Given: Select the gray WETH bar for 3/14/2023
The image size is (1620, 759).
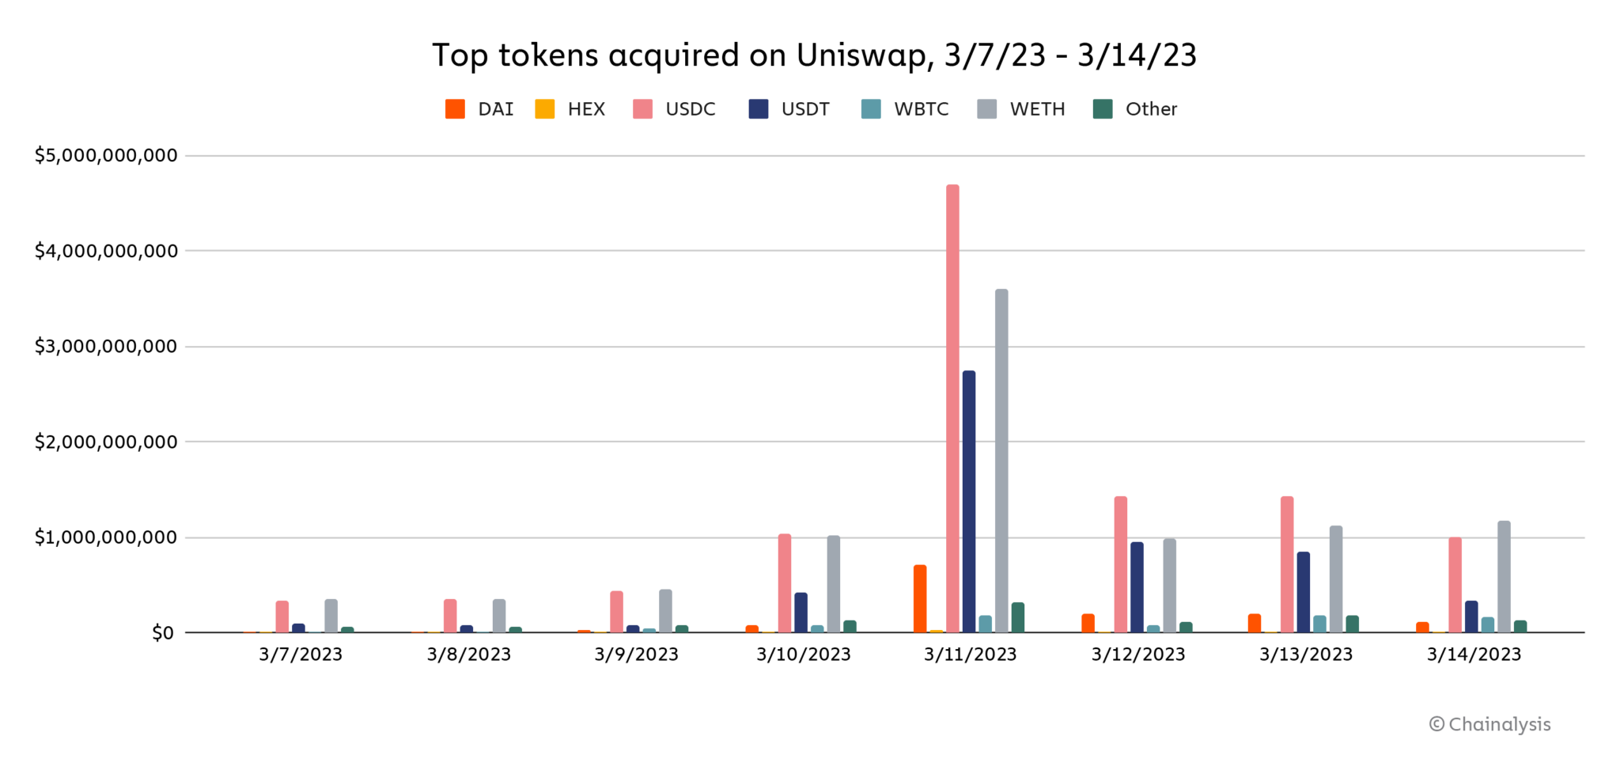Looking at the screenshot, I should [1504, 577].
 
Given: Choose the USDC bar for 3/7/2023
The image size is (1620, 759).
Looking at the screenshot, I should [282, 617].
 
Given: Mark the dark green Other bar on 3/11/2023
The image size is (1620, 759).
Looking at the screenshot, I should [1018, 618].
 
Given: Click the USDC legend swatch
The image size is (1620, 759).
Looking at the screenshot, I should [643, 109].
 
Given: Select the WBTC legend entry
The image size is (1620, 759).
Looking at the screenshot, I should [921, 109].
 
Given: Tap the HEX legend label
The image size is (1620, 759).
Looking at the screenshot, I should [586, 109].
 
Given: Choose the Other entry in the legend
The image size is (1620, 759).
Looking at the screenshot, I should [1151, 109].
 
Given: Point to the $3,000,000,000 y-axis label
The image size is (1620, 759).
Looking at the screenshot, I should [106, 347].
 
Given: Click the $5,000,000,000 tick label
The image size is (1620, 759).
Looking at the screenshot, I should [106, 155].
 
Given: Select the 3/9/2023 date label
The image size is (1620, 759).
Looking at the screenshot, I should [636, 655].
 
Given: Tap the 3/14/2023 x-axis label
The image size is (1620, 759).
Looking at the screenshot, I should [1474, 655].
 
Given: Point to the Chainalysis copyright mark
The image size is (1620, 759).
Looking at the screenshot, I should [1490, 724].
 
